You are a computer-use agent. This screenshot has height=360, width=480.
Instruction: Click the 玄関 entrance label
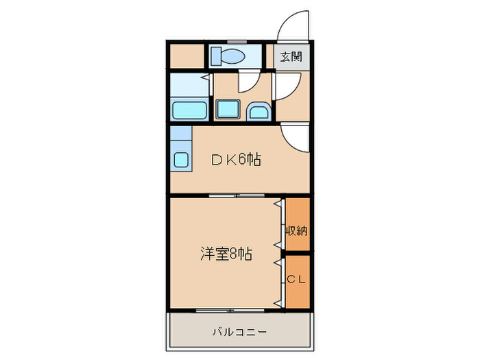click(291, 57)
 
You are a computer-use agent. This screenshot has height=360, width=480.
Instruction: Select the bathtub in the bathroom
click(189, 110)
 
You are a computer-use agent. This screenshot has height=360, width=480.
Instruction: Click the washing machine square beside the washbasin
click(227, 109)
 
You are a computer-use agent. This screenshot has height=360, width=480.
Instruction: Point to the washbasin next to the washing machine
click(258, 110)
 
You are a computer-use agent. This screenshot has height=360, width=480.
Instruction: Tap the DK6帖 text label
click(235, 160)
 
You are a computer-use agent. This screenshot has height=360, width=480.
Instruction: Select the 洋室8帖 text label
click(226, 254)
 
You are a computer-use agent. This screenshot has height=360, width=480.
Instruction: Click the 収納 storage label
click(296, 230)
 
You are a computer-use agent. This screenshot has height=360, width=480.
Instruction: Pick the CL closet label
click(296, 279)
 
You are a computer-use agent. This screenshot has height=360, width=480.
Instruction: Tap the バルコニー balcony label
click(239, 332)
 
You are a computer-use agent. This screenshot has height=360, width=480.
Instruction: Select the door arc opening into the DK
click(295, 139)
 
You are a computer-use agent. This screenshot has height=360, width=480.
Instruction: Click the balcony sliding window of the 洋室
click(226, 310)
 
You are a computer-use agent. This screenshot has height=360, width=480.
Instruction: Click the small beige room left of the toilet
click(186, 56)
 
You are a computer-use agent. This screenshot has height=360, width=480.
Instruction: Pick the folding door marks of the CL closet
click(280, 281)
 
